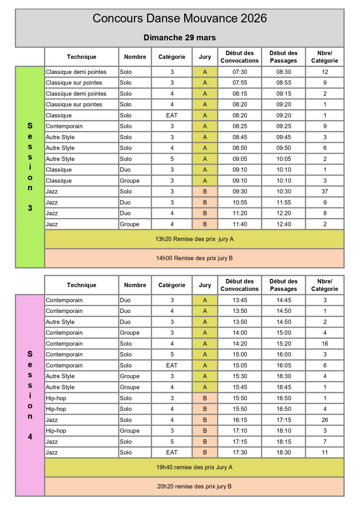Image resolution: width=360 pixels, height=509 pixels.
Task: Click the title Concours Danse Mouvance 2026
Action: (x=179, y=19)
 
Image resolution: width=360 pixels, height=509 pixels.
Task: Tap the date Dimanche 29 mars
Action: (x=179, y=38)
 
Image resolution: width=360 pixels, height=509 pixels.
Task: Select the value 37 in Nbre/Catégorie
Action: (x=325, y=191)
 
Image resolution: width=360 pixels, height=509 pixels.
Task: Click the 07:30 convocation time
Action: (x=240, y=72)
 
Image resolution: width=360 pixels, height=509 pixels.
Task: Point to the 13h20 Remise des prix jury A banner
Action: (x=194, y=239)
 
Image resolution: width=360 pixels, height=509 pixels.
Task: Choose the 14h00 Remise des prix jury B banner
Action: (x=194, y=258)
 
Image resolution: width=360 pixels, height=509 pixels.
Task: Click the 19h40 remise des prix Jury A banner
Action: (x=194, y=467)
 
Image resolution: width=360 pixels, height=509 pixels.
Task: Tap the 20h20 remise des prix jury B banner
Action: (x=194, y=486)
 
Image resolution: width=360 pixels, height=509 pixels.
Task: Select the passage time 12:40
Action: (x=283, y=224)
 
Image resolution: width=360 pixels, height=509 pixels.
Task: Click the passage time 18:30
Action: (x=283, y=452)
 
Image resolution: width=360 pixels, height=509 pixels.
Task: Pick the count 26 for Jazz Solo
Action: (x=325, y=420)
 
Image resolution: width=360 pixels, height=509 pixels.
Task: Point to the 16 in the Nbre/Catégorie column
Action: (x=325, y=344)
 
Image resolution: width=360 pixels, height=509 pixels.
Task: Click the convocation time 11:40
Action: (x=240, y=224)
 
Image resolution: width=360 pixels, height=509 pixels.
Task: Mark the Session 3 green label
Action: (x=30, y=167)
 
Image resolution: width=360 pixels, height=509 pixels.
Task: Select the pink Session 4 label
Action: (x=30, y=395)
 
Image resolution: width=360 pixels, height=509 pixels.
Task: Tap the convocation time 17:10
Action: (x=240, y=431)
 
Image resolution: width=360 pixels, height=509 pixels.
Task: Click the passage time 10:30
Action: (x=283, y=191)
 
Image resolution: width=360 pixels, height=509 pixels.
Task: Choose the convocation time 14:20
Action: (x=240, y=344)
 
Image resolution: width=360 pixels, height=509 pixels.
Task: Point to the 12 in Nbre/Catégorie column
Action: (x=325, y=72)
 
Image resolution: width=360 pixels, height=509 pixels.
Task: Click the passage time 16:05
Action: (x=283, y=365)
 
